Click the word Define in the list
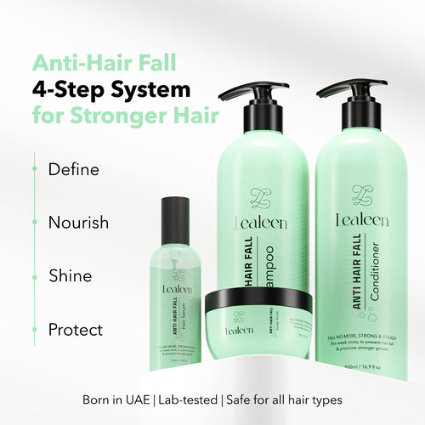coord(73,169)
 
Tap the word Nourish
coord(78,223)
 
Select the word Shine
coord(70,276)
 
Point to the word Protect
coord(75,330)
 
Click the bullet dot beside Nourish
coord(34,223)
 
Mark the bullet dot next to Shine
coord(34,276)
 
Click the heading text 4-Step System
coord(111,88)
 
